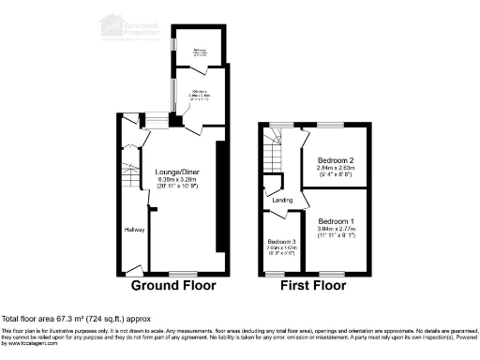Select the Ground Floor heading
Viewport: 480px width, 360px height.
[172, 285]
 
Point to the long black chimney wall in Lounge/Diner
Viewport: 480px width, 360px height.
[219, 197]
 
